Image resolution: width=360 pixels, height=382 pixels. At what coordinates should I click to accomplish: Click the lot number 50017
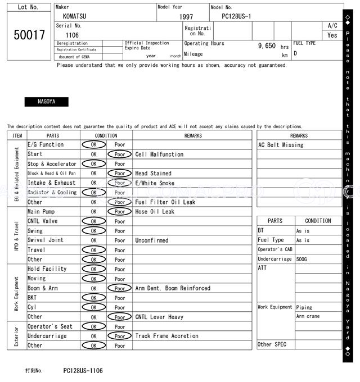29,35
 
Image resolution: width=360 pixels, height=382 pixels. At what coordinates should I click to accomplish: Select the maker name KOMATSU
75,17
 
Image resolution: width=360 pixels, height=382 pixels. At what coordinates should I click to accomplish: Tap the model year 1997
186,17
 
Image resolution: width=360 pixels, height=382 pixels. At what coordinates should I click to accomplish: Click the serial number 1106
72,35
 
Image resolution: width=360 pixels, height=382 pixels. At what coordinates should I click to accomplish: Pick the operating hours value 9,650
267,46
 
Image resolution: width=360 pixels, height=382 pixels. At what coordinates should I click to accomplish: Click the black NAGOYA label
46,102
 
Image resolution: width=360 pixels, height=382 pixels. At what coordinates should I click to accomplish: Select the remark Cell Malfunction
159,154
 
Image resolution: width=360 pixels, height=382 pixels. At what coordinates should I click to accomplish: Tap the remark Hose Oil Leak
155,212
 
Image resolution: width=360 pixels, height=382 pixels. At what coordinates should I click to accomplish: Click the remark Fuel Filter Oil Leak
165,202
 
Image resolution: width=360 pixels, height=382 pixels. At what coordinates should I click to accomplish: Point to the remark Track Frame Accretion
166,336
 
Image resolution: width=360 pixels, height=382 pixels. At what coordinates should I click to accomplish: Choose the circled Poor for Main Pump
119,212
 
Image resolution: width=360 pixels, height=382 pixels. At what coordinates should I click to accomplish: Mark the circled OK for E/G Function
93,145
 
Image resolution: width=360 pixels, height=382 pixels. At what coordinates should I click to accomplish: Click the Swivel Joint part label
46,240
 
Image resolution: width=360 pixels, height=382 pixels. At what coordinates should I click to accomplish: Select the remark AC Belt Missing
281,145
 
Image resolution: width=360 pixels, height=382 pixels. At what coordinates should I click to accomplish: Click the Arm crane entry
308,317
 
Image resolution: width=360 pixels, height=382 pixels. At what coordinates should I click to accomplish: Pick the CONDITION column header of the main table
106,135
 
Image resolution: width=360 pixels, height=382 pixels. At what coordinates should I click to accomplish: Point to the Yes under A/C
332,35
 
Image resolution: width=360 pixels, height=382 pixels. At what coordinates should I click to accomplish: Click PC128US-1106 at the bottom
83,371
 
